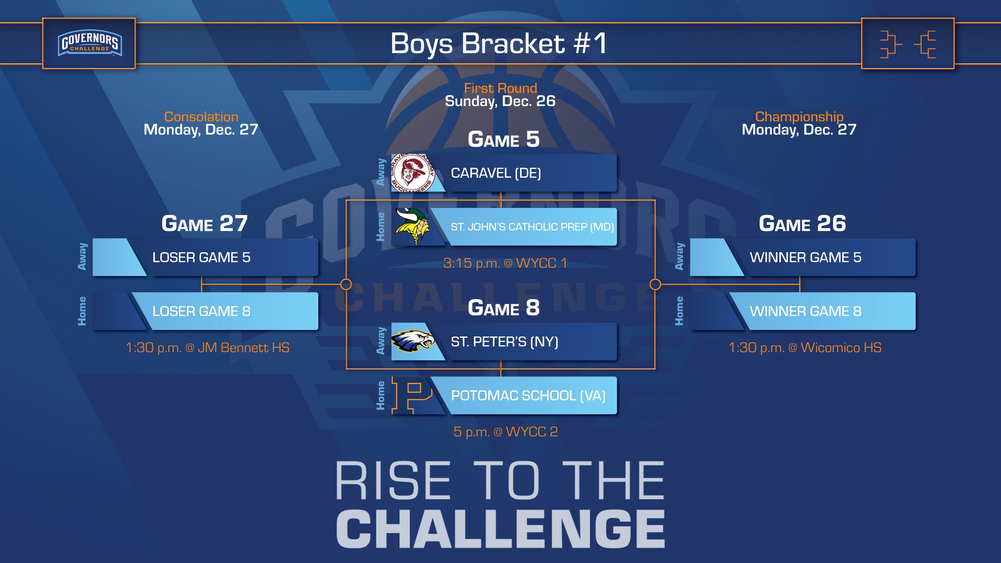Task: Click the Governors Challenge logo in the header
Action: (90, 43)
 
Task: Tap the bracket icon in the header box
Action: (908, 44)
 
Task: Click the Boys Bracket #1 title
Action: (499, 43)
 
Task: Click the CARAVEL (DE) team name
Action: (496, 173)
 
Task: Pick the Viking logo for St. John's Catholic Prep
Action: (413, 226)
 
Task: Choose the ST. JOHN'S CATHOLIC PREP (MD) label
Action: (532, 227)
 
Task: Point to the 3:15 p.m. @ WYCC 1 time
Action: (505, 263)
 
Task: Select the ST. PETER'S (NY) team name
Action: (504, 342)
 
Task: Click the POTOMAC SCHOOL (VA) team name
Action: (528, 396)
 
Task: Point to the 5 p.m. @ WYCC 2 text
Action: (506, 432)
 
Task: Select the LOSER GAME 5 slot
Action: (205, 257)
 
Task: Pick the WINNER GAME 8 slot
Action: (803, 311)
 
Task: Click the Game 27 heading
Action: (205, 224)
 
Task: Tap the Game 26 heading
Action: (802, 224)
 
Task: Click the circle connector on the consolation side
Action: (346, 284)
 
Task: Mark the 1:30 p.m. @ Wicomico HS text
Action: (805, 348)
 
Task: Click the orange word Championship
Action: (799, 117)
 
